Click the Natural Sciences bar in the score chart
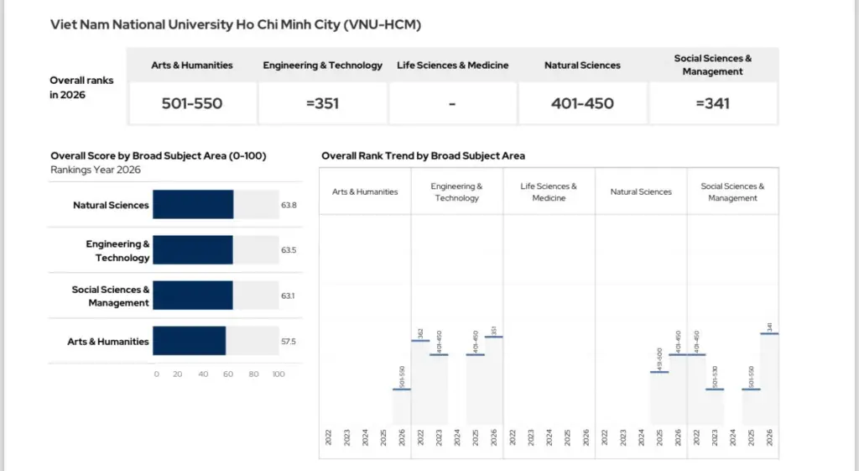pos(193,205)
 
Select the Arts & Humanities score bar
pos(190,342)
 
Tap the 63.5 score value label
pos(289,250)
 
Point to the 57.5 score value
pos(289,342)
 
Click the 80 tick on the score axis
pos(253,374)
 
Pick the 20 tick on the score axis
pos(178,374)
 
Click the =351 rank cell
pos(322,104)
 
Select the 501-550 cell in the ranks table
pos(192,104)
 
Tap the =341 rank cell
pos(713,104)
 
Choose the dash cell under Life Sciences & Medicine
pos(452,104)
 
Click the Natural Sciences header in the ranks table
pos(582,65)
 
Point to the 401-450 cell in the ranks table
pos(582,104)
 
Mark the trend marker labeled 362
pos(420,340)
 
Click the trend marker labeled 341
pos(769,333)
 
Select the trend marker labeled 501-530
pos(715,389)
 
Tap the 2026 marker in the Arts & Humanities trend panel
pos(402,389)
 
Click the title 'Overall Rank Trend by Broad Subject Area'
pos(423,156)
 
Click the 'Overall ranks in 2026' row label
pos(81,87)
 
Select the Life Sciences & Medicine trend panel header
pos(549,192)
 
